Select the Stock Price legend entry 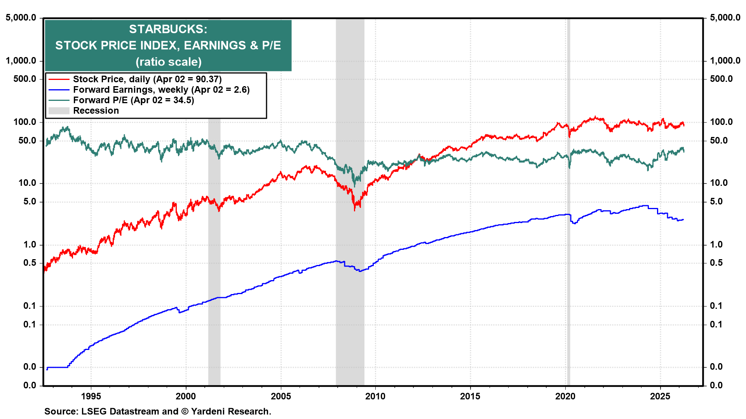[x=147, y=79]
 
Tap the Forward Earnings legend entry [x=161, y=90]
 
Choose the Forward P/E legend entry [x=133, y=100]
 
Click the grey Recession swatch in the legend [x=59, y=111]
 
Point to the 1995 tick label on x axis [x=91, y=396]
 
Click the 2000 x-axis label [x=186, y=396]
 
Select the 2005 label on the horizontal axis [x=281, y=396]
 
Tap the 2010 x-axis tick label [x=375, y=396]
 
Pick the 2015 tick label [x=470, y=396]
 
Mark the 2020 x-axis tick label [x=565, y=396]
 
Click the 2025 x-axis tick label [x=660, y=396]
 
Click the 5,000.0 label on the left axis [x=21, y=17]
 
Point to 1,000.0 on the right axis [x=725, y=61]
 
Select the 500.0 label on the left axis [x=24, y=79]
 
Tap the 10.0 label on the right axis [x=719, y=183]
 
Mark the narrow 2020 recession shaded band [x=568, y=272]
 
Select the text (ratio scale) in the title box [x=168, y=62]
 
